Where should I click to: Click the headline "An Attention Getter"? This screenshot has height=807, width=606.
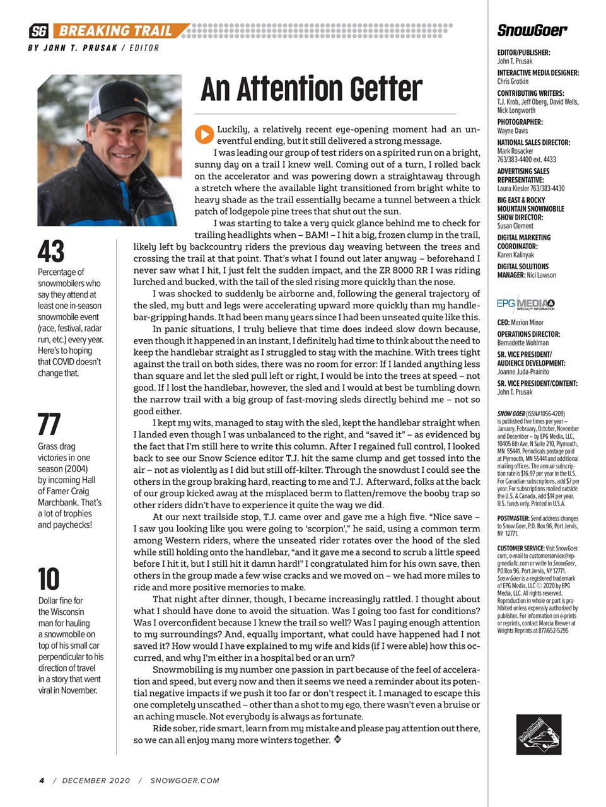[311, 89]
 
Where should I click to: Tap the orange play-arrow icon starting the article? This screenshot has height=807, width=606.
[204, 134]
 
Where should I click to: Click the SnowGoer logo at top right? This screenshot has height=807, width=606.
[532, 30]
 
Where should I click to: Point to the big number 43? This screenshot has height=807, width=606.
[51, 252]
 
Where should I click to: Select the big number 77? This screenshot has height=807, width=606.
[49, 424]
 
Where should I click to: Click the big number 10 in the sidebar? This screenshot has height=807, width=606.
[49, 579]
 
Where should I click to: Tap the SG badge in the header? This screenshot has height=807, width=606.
[39, 31]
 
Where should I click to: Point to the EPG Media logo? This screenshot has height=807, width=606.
[525, 304]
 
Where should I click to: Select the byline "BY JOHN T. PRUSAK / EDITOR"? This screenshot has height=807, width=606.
[93, 48]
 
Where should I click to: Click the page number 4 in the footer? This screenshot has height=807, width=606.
[42, 781]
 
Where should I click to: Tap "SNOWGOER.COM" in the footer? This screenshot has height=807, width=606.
[185, 781]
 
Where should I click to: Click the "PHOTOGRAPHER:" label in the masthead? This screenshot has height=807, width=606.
[520, 122]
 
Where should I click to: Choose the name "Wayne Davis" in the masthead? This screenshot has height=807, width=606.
[513, 131]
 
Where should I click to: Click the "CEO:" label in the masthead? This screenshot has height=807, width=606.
[503, 322]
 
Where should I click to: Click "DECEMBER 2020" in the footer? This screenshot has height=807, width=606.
[96, 781]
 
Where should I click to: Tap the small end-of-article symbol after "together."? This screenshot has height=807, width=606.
[338, 740]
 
